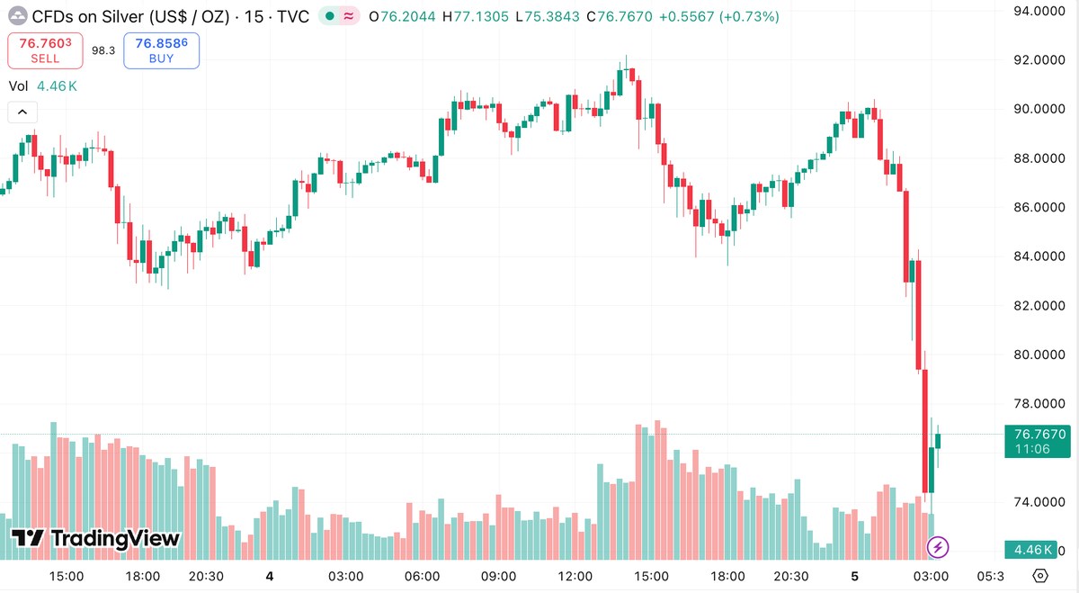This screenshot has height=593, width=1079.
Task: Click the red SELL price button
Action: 45,50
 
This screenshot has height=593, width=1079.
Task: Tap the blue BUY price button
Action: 162,50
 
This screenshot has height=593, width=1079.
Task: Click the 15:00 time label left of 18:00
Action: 67,576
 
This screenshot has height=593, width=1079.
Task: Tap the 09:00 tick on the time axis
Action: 498,576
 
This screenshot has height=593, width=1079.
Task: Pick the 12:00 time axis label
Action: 575,576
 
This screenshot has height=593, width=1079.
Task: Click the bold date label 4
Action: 270,576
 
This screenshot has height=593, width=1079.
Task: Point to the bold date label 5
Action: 855,576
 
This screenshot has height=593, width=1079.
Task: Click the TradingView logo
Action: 95,539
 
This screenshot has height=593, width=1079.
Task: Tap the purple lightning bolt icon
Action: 938,546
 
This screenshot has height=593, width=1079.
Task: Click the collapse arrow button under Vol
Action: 22,112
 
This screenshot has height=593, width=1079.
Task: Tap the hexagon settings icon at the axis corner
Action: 1040,576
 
